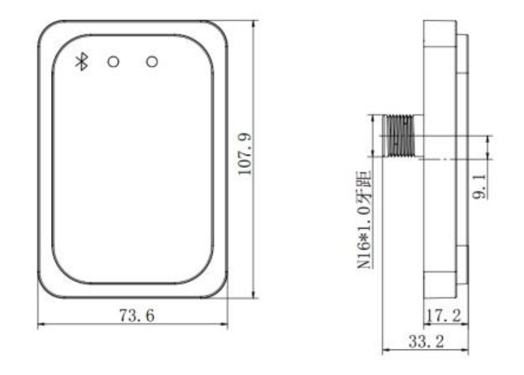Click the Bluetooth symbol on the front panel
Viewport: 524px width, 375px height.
click(x=82, y=61)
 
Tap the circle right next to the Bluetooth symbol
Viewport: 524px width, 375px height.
click(x=113, y=62)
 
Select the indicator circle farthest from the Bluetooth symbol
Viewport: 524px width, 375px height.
click(x=152, y=61)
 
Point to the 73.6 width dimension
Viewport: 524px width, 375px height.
click(x=137, y=316)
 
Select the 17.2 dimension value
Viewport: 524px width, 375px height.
click(x=444, y=316)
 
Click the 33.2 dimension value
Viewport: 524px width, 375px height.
click(x=427, y=341)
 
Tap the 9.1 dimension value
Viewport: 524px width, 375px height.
click(x=480, y=186)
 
